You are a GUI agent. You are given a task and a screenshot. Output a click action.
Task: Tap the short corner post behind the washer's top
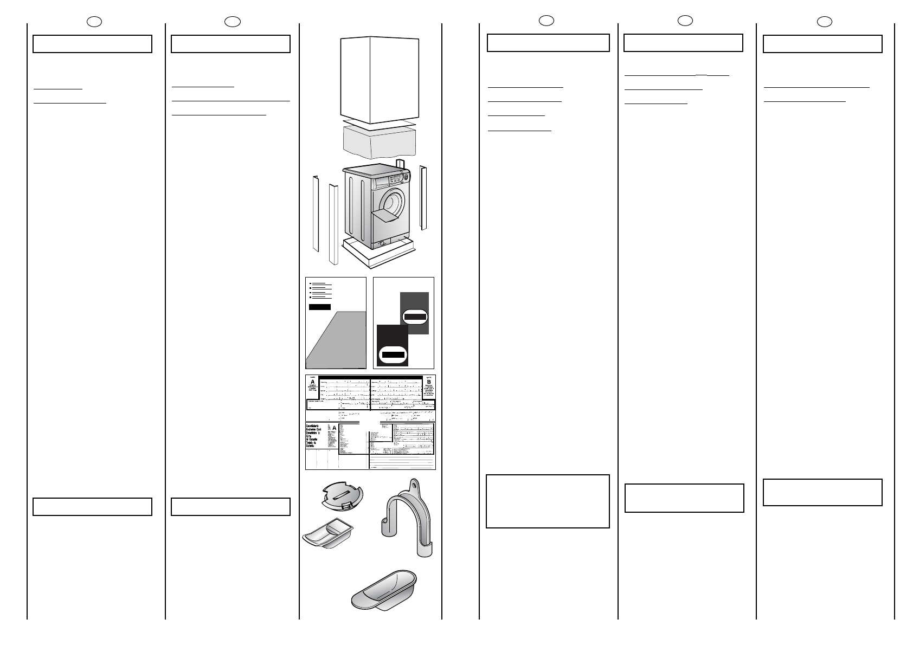pos(400,164)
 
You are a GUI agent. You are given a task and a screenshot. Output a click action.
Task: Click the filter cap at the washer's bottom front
pos(382,243)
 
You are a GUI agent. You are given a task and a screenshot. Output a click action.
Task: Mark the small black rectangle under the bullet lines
pos(319,307)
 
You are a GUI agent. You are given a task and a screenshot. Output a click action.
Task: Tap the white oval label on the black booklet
pos(393,355)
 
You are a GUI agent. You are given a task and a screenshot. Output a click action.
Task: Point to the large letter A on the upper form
pos(312,381)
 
